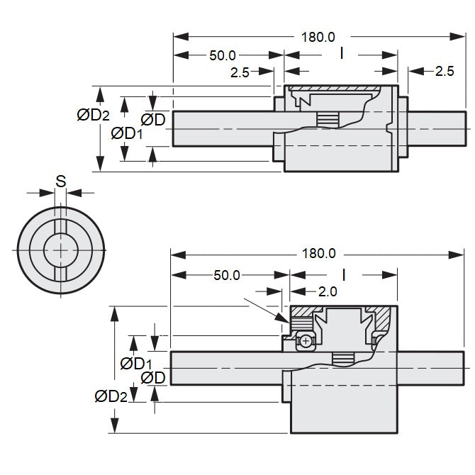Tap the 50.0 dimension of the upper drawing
tap(223, 55)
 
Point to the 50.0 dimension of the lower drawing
tap(227, 275)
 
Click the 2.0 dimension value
tap(328, 291)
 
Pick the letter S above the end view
tap(61, 181)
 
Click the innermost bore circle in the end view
tap(61, 251)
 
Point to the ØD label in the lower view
tap(153, 378)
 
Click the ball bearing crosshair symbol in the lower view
tap(306, 341)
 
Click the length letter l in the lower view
tap(343, 274)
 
